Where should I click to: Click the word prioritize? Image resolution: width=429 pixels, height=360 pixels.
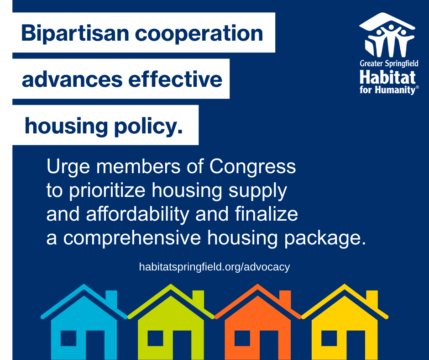[x=105, y=191]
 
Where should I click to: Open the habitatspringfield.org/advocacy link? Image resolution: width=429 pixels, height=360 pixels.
[x=214, y=267]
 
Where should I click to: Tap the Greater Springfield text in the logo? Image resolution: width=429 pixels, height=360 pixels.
[x=388, y=64]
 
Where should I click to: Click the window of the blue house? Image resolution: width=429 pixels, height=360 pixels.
[x=68, y=338]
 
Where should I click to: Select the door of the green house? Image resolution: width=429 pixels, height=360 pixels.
[x=182, y=345]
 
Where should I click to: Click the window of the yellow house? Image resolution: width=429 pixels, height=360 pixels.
[x=329, y=338]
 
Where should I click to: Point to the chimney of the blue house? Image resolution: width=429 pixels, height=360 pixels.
[x=111, y=299]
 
